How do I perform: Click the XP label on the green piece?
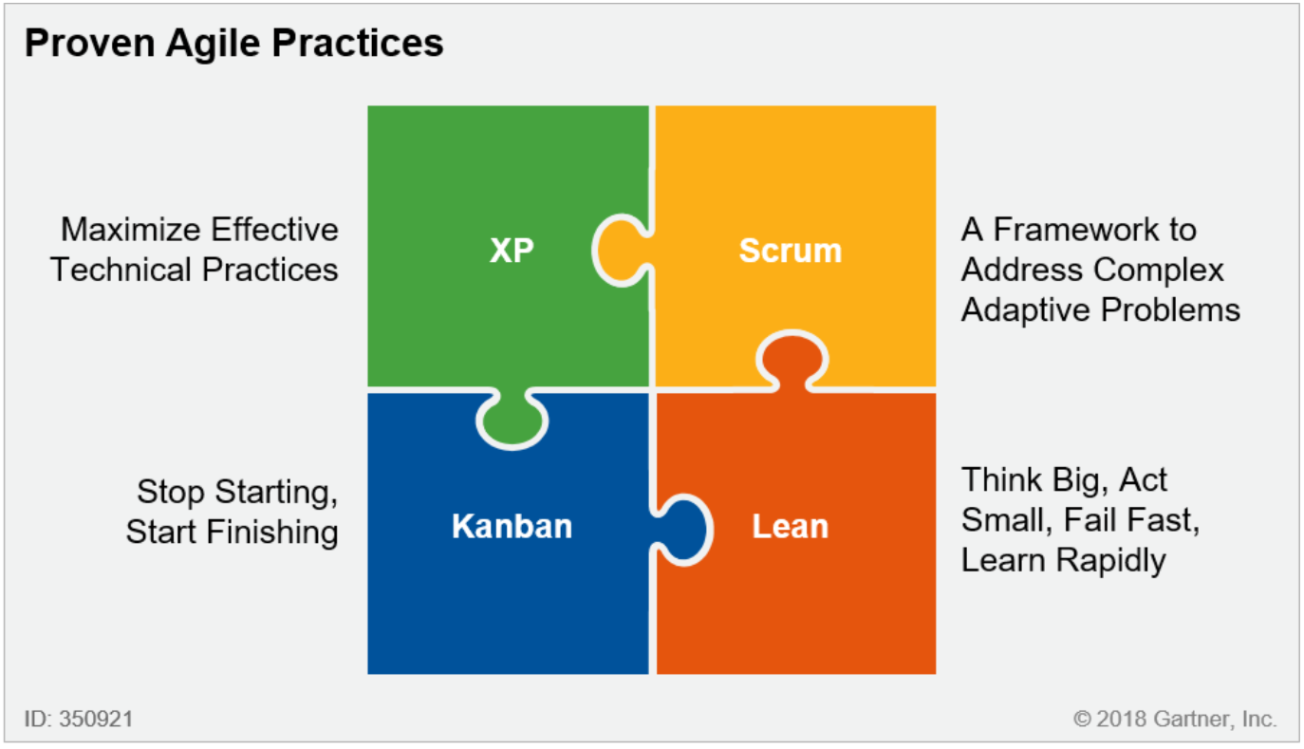(512, 251)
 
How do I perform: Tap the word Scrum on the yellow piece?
(791, 251)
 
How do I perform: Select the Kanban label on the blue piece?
(512, 526)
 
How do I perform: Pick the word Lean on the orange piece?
(790, 526)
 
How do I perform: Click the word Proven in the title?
(90, 43)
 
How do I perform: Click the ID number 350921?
(96, 719)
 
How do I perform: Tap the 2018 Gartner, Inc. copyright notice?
(1176, 719)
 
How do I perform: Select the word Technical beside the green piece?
(121, 270)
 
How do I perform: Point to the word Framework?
(1075, 230)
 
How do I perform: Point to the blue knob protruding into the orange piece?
(682, 530)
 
